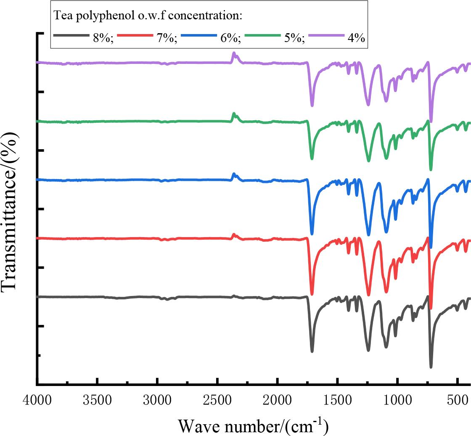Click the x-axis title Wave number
(253, 424)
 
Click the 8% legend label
(103, 37)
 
